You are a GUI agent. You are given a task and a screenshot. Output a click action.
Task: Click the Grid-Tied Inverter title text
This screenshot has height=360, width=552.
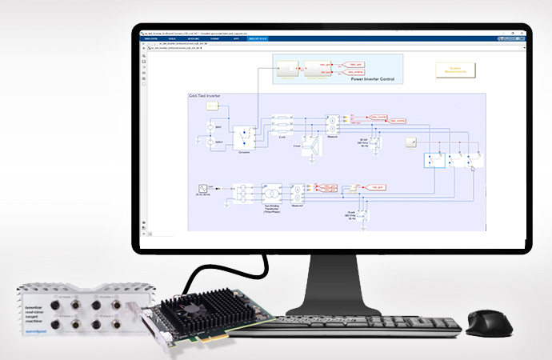tap(204, 97)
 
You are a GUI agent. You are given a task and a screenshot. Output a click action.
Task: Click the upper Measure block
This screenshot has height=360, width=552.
tap(332, 125)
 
